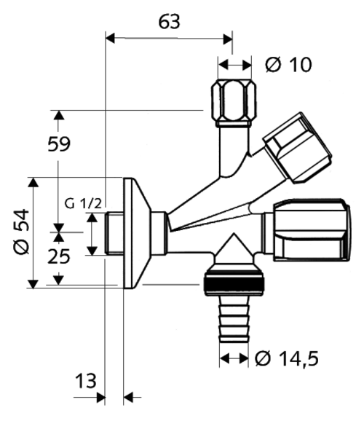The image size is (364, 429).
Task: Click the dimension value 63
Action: [x=169, y=22]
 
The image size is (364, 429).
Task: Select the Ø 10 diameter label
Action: [x=288, y=66]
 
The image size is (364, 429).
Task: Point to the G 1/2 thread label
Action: [x=82, y=204]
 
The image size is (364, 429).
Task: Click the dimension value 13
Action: [x=86, y=380]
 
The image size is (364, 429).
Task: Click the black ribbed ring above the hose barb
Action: [x=234, y=281]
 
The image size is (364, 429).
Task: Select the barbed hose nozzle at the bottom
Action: [x=234, y=320]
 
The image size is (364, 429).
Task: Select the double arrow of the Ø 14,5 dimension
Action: [x=234, y=358]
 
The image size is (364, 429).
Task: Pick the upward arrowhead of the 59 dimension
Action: [x=59, y=117]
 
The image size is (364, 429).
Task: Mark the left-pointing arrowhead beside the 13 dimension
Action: [x=131, y=397]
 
